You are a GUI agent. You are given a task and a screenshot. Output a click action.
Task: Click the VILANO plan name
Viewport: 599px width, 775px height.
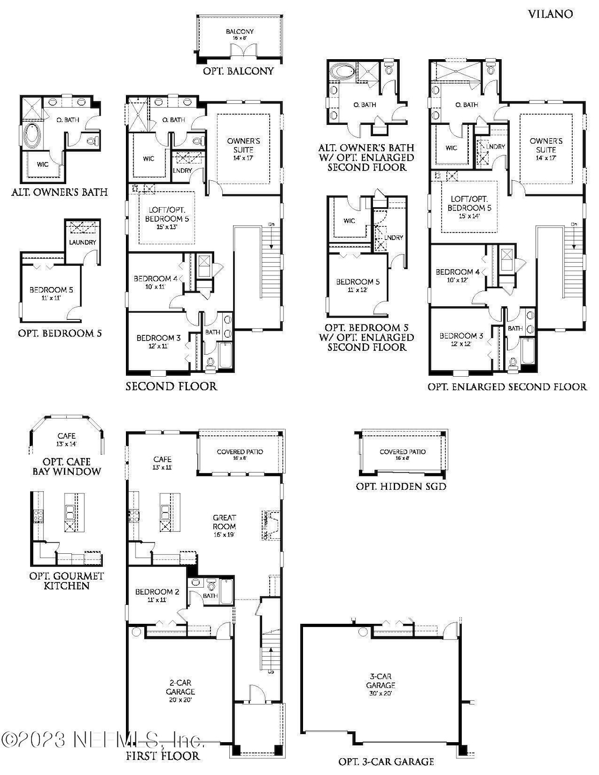click(x=549, y=14)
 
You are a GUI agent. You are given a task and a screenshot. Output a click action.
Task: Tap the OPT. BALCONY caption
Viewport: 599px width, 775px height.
click(x=238, y=71)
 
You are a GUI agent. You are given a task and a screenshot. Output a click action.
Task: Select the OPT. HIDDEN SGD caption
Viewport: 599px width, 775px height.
click(x=401, y=487)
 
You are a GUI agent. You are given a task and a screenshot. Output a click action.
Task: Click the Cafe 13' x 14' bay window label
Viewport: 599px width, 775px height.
click(x=67, y=440)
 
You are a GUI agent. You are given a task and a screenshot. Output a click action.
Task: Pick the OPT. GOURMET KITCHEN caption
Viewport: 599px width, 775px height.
click(x=67, y=581)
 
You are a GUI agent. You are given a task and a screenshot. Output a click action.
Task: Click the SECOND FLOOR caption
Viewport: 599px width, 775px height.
click(x=171, y=386)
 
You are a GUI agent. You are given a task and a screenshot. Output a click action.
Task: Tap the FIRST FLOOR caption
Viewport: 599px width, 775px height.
click(x=163, y=756)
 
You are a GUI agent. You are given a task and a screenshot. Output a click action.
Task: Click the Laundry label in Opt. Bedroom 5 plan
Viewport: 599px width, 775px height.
click(x=82, y=242)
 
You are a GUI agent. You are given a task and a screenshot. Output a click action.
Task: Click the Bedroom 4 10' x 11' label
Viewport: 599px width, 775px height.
click(x=156, y=283)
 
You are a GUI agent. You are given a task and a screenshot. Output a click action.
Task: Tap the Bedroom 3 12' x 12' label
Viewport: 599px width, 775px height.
click(x=461, y=340)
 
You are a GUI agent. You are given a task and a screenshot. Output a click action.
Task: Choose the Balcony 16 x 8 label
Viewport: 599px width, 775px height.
click(x=239, y=34)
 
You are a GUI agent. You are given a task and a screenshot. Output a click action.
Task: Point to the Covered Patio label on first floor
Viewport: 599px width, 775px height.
click(x=239, y=455)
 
